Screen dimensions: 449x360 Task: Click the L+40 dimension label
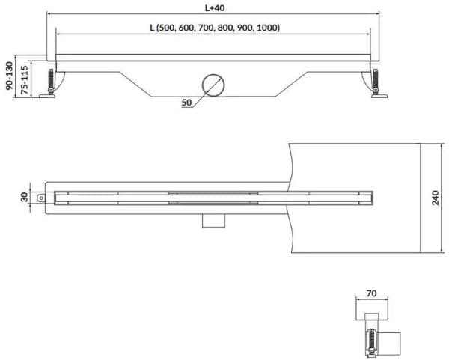click(x=215, y=8)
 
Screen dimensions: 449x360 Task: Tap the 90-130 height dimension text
click(x=10, y=76)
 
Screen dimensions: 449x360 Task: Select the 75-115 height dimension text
click(x=25, y=80)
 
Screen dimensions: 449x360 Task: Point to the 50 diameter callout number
click(x=186, y=103)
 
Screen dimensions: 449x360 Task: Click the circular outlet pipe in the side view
click(x=213, y=85)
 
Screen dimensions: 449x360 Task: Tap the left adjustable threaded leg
click(x=51, y=81)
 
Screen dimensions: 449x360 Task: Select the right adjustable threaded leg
click(x=375, y=81)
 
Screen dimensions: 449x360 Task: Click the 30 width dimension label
click(x=24, y=198)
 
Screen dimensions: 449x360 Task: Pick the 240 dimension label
click(x=436, y=198)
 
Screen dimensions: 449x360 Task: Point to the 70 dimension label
click(x=371, y=293)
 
